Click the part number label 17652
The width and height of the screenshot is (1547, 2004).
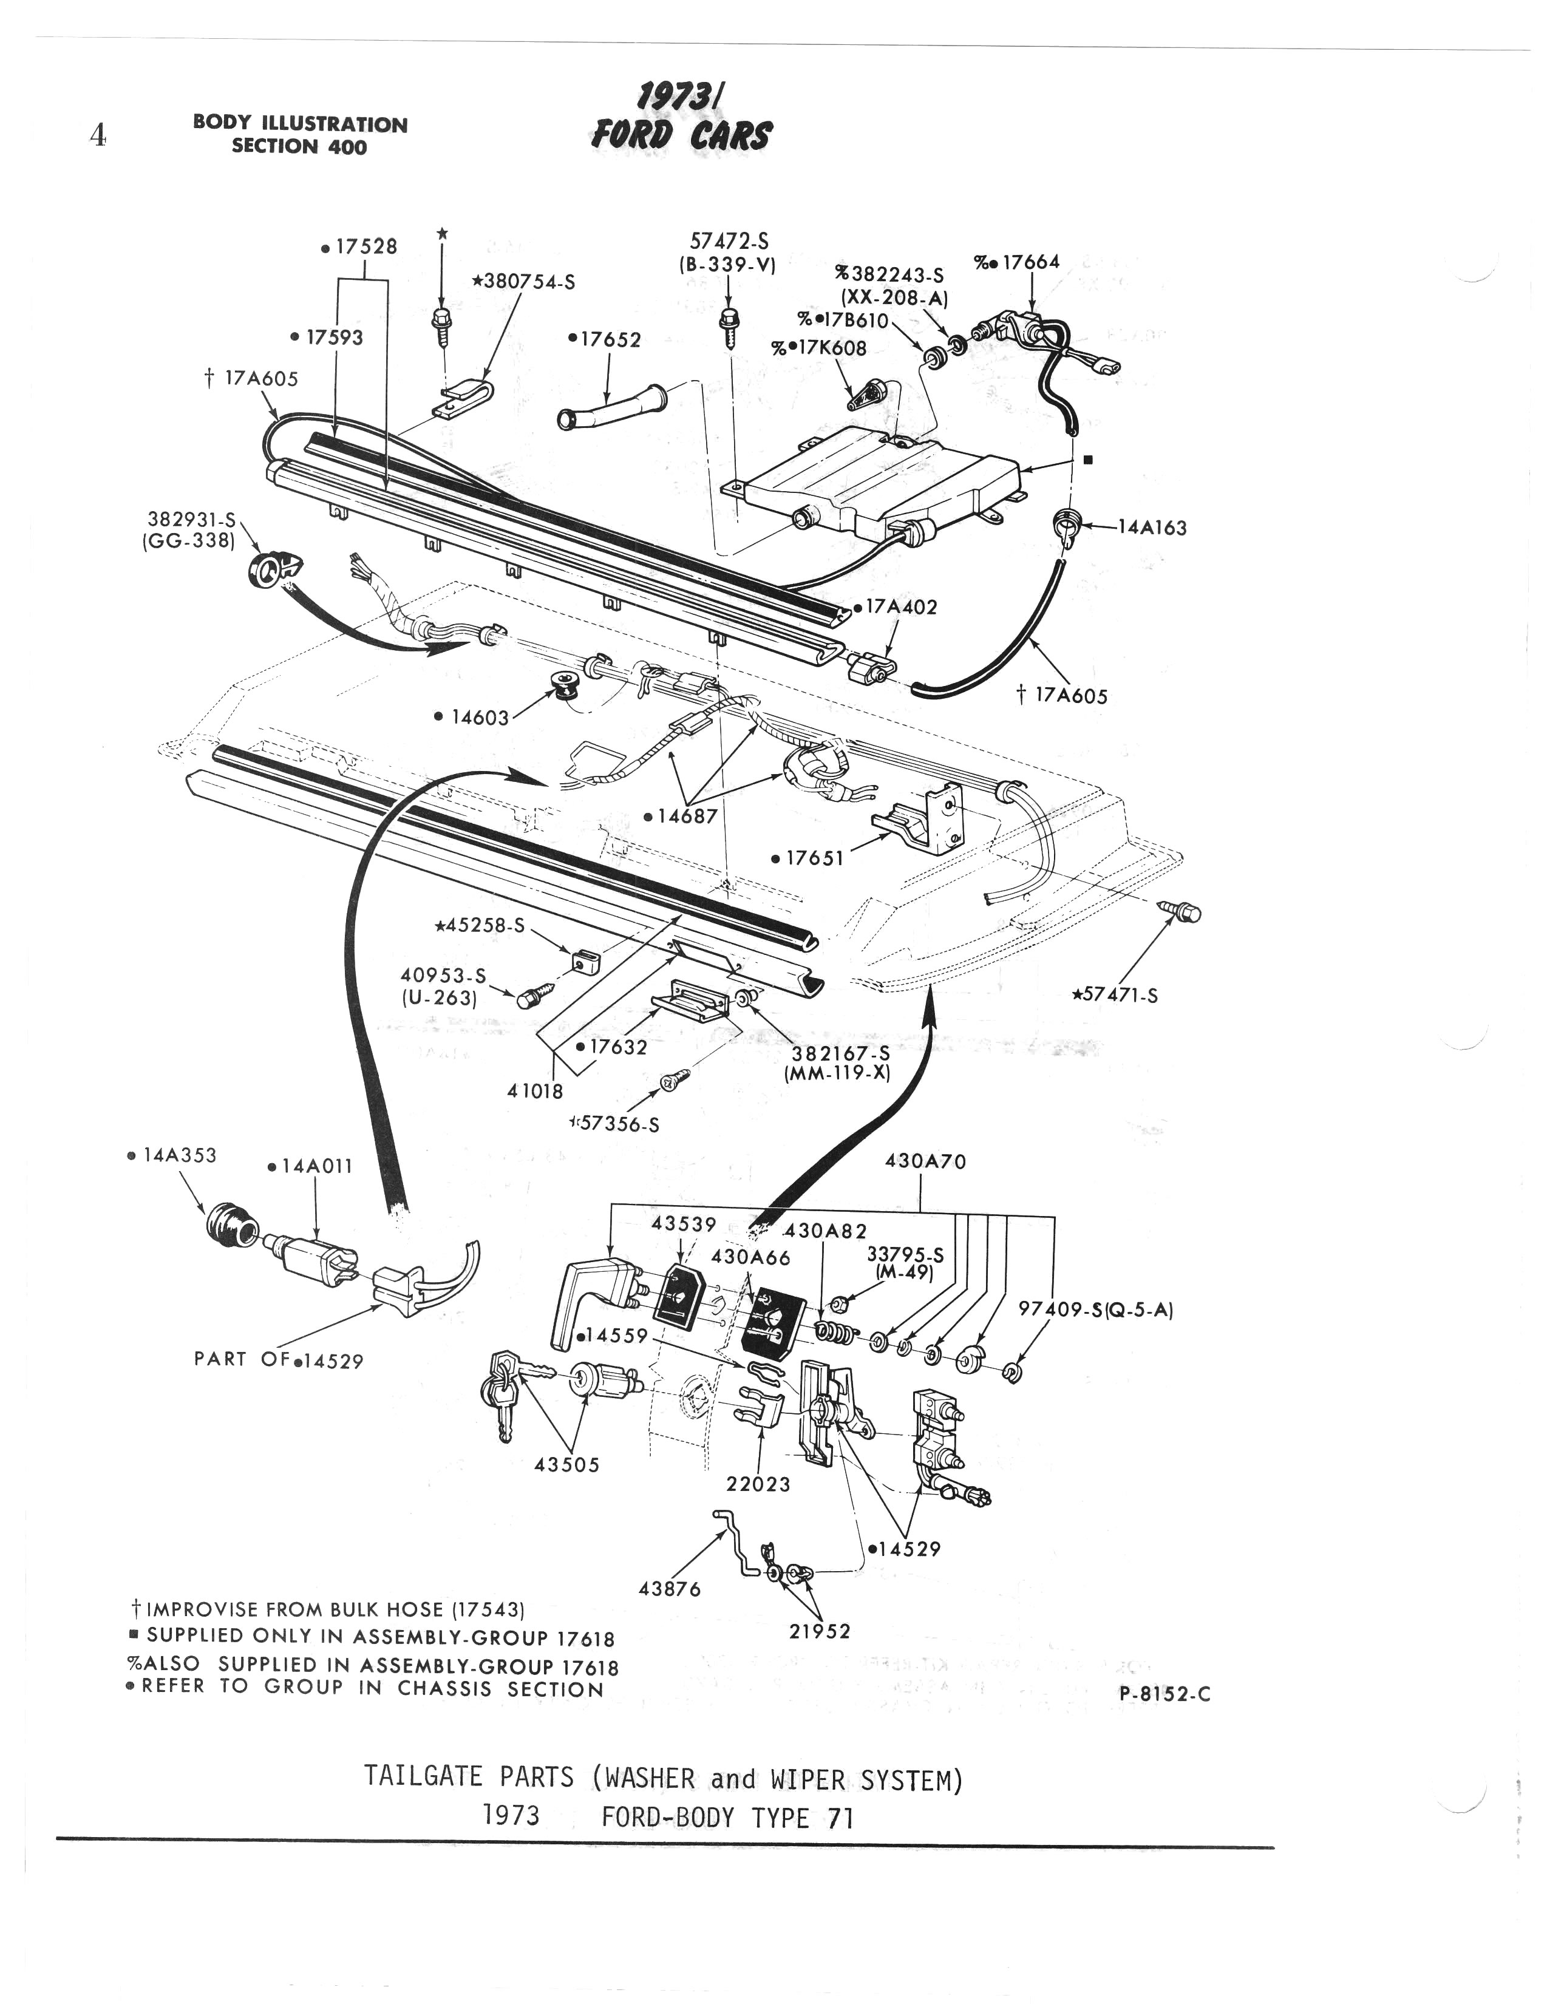click(x=607, y=339)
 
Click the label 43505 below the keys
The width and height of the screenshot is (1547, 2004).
click(x=567, y=1464)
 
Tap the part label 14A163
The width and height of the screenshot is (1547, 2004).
click(x=1152, y=528)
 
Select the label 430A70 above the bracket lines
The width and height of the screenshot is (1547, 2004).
click(x=925, y=1161)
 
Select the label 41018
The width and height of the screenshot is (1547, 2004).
click(x=535, y=1091)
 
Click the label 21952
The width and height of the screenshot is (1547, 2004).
click(x=820, y=1631)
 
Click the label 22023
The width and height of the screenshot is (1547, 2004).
click(x=758, y=1484)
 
